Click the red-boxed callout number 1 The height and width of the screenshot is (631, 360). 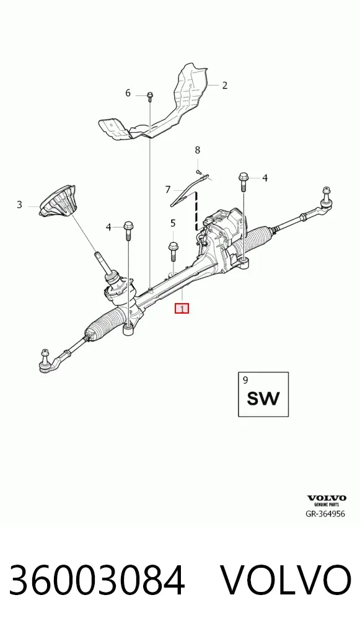pyautogui.click(x=182, y=309)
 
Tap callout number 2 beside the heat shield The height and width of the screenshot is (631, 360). pyautogui.click(x=224, y=86)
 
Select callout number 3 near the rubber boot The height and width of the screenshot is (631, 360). pyautogui.click(x=19, y=205)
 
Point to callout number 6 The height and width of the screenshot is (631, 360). pyautogui.click(x=128, y=94)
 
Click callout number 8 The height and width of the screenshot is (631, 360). pyautogui.click(x=198, y=150)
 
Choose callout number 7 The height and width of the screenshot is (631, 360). pyautogui.click(x=168, y=189)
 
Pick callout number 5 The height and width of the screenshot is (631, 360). pyautogui.click(x=173, y=223)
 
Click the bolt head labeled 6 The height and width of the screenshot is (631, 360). pyautogui.click(x=149, y=97)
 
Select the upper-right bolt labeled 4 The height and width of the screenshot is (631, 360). pyautogui.click(x=244, y=182)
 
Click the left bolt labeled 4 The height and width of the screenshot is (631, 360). pyautogui.click(x=128, y=231)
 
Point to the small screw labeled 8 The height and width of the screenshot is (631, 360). pyautogui.click(x=198, y=172)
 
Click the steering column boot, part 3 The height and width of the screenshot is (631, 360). pyautogui.click(x=59, y=203)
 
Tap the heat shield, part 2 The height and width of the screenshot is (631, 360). pyautogui.click(x=157, y=105)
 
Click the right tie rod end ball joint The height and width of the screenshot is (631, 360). pyautogui.click(x=326, y=198)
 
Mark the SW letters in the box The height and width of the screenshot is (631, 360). pyautogui.click(x=263, y=398)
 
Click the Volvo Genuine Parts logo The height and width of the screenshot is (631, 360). pyautogui.click(x=327, y=501)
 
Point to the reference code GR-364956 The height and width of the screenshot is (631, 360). pyautogui.click(x=326, y=514)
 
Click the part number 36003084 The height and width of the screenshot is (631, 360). pyautogui.click(x=97, y=580)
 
